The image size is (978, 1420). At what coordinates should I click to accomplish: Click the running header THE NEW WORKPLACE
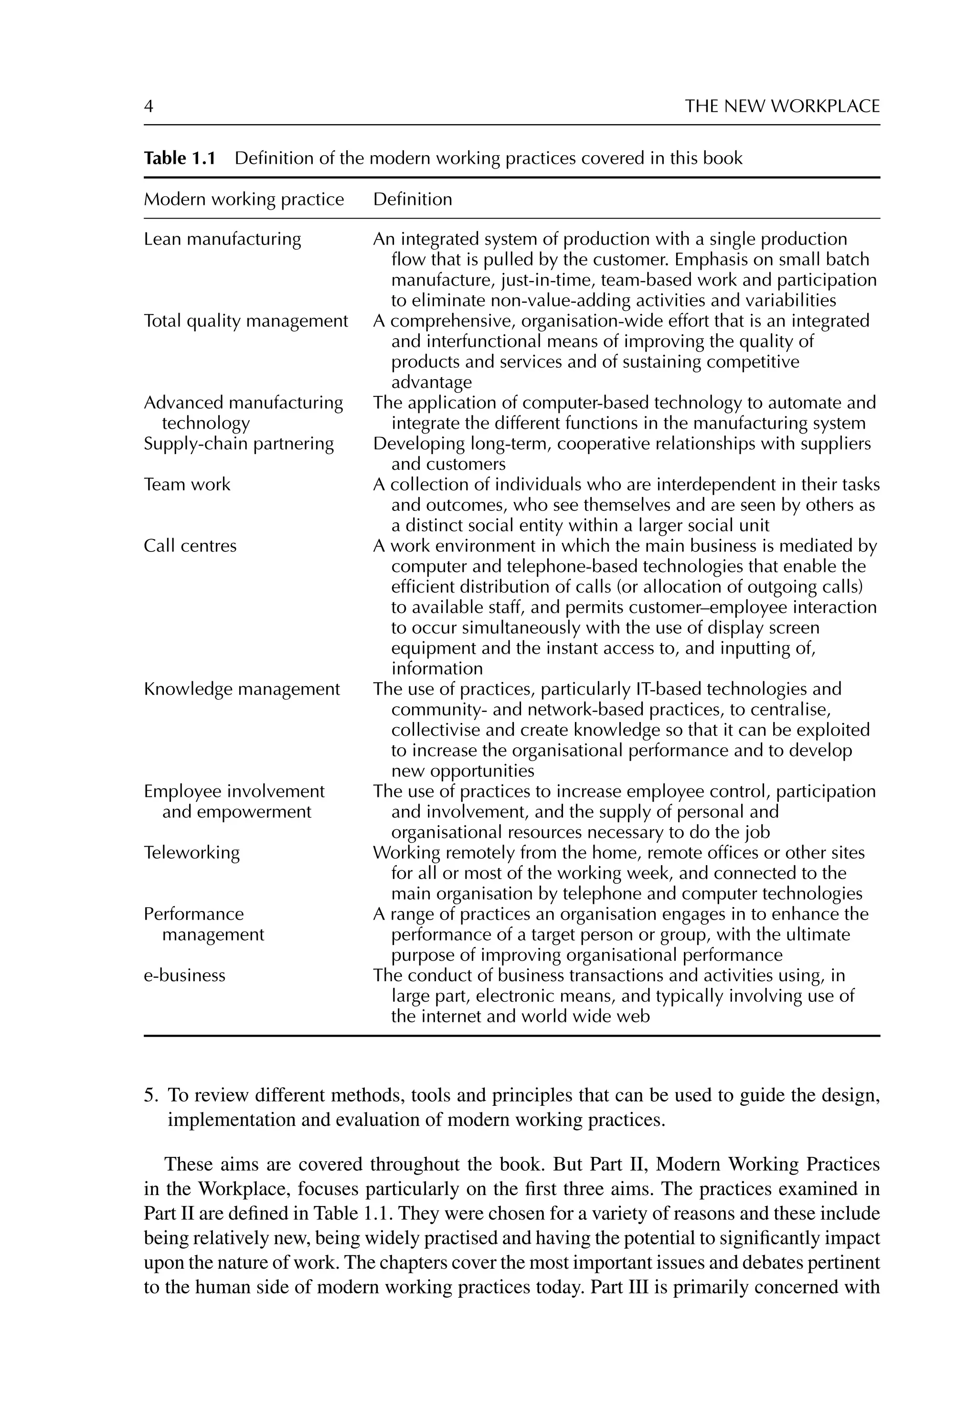tap(782, 106)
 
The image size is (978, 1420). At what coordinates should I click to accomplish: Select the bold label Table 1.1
tap(180, 159)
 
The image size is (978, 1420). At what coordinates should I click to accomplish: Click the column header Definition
tap(413, 200)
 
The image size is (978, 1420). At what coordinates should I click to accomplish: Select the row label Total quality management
tap(246, 321)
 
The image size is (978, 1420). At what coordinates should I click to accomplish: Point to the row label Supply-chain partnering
tap(238, 444)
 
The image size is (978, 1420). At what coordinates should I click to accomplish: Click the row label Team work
tap(187, 485)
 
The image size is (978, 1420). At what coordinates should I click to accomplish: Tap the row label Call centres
tap(190, 546)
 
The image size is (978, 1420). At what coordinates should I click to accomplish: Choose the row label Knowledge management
tap(242, 689)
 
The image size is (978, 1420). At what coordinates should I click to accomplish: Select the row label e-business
tap(184, 975)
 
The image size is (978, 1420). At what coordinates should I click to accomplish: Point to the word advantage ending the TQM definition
tap(431, 382)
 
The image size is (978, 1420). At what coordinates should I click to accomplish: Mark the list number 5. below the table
tap(151, 1095)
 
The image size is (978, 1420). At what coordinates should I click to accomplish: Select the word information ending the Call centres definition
tap(437, 669)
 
